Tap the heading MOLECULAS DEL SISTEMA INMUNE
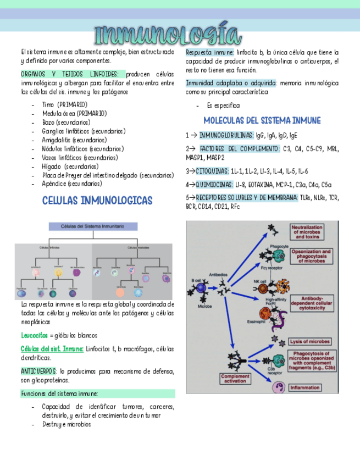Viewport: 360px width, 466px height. (262, 120)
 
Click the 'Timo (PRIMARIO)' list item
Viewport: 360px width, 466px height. (64, 104)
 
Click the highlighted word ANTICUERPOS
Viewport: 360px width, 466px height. (38, 371)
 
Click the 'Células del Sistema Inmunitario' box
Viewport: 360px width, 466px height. (93, 226)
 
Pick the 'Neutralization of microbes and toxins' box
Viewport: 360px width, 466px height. (312, 231)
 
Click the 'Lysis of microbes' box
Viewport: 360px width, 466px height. (312, 341)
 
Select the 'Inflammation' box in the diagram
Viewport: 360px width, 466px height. (313, 387)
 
